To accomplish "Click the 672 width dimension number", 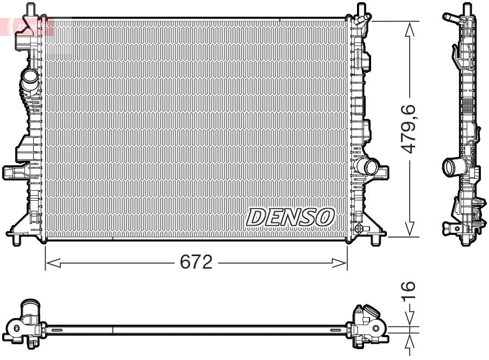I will click(x=196, y=263).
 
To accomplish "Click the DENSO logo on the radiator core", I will click(x=290, y=216).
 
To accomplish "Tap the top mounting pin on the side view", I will click(x=466, y=9).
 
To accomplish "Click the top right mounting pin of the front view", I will click(x=361, y=10).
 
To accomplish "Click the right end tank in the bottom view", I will click(x=368, y=326).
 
